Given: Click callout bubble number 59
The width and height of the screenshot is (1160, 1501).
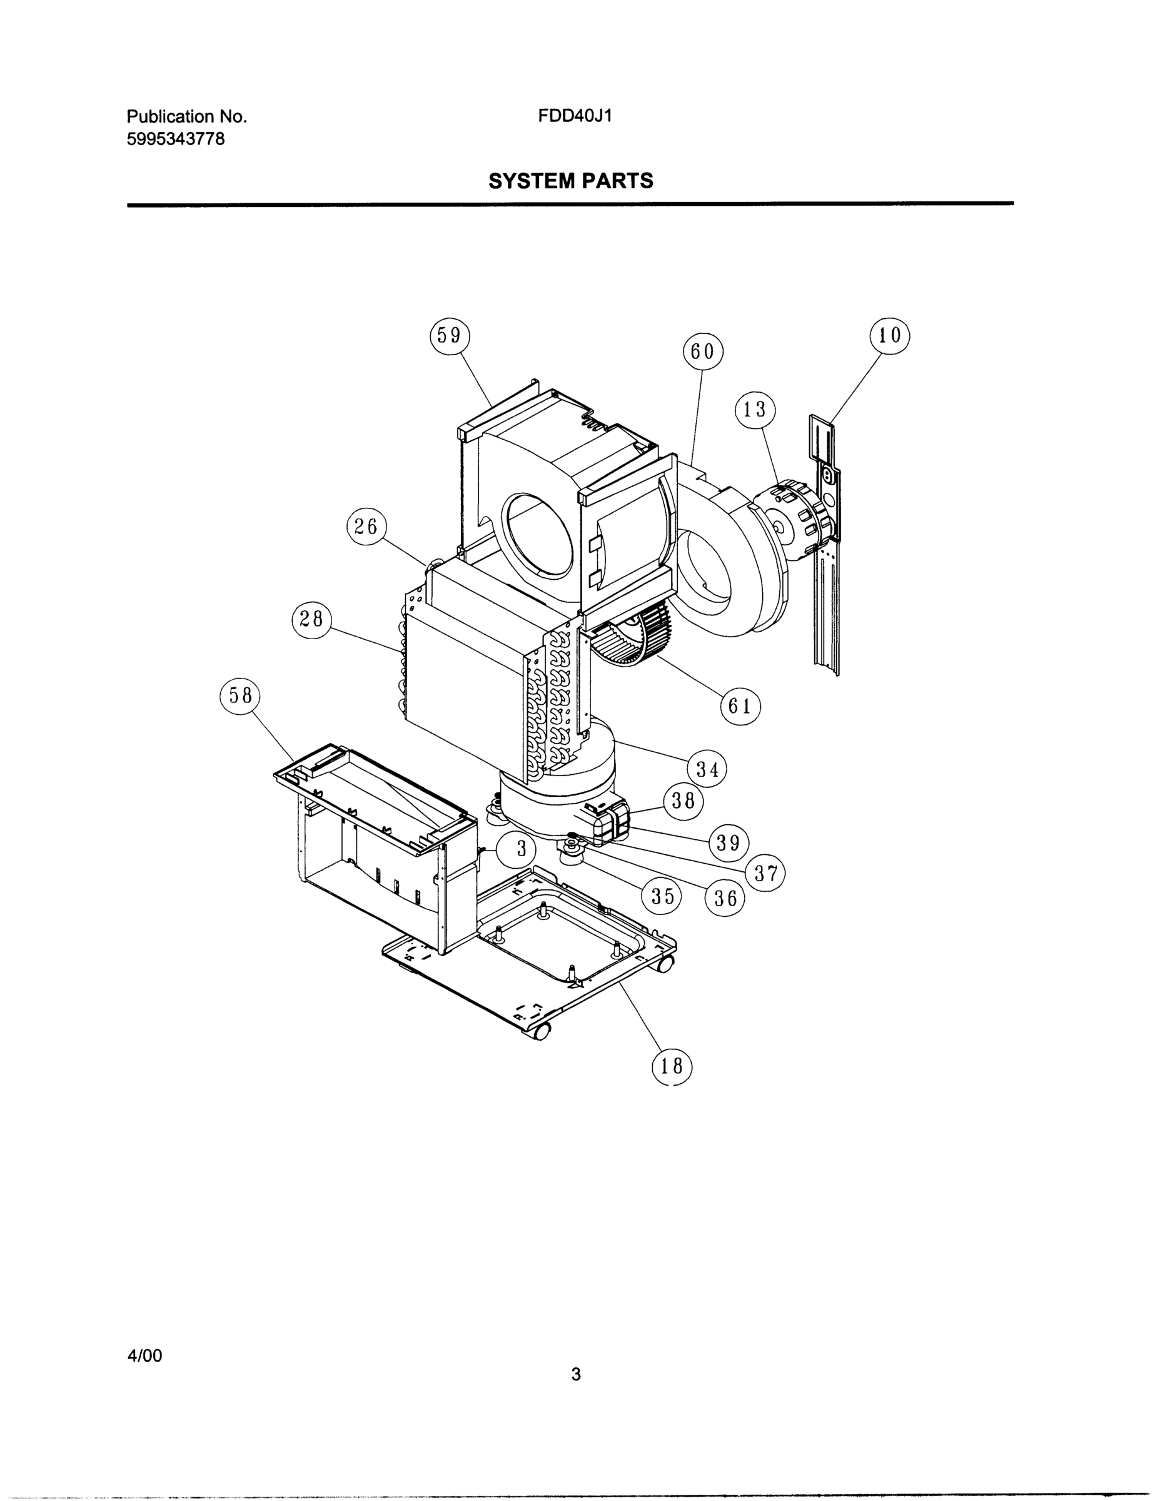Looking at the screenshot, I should click(450, 335).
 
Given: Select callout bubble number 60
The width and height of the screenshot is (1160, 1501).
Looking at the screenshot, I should click(702, 352).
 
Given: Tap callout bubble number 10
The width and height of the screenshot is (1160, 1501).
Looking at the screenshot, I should click(889, 335).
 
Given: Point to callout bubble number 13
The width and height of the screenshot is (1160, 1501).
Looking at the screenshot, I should click(755, 410).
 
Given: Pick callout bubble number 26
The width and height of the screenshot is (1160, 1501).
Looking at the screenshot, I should click(366, 527).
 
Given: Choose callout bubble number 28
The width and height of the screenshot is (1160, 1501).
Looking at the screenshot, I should click(311, 619).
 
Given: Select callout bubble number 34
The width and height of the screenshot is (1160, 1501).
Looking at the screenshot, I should click(707, 770).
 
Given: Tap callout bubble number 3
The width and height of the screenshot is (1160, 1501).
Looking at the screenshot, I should click(520, 849).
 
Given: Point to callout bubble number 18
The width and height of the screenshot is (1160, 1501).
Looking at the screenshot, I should click(672, 1066).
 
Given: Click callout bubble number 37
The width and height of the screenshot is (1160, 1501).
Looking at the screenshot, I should click(765, 874).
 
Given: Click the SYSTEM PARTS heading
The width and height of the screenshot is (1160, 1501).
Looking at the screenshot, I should click(570, 181).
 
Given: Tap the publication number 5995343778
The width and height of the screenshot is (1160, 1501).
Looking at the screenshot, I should click(175, 139).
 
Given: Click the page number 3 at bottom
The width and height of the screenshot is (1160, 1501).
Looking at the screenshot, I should click(576, 1375).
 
